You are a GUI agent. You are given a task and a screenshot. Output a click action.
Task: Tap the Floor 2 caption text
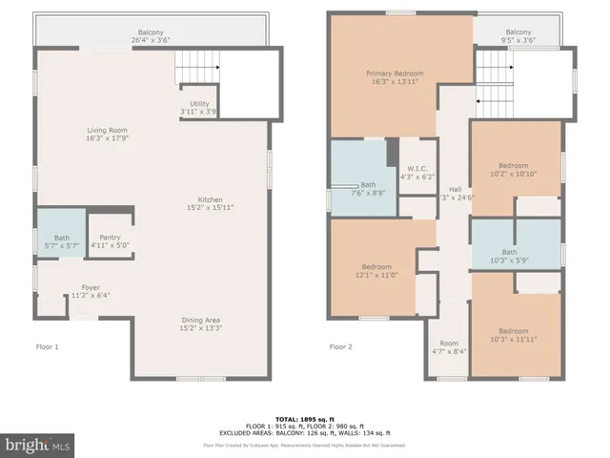341,347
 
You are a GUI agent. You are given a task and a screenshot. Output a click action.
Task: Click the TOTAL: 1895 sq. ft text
304,419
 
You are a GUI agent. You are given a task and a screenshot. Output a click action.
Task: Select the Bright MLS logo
38,445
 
